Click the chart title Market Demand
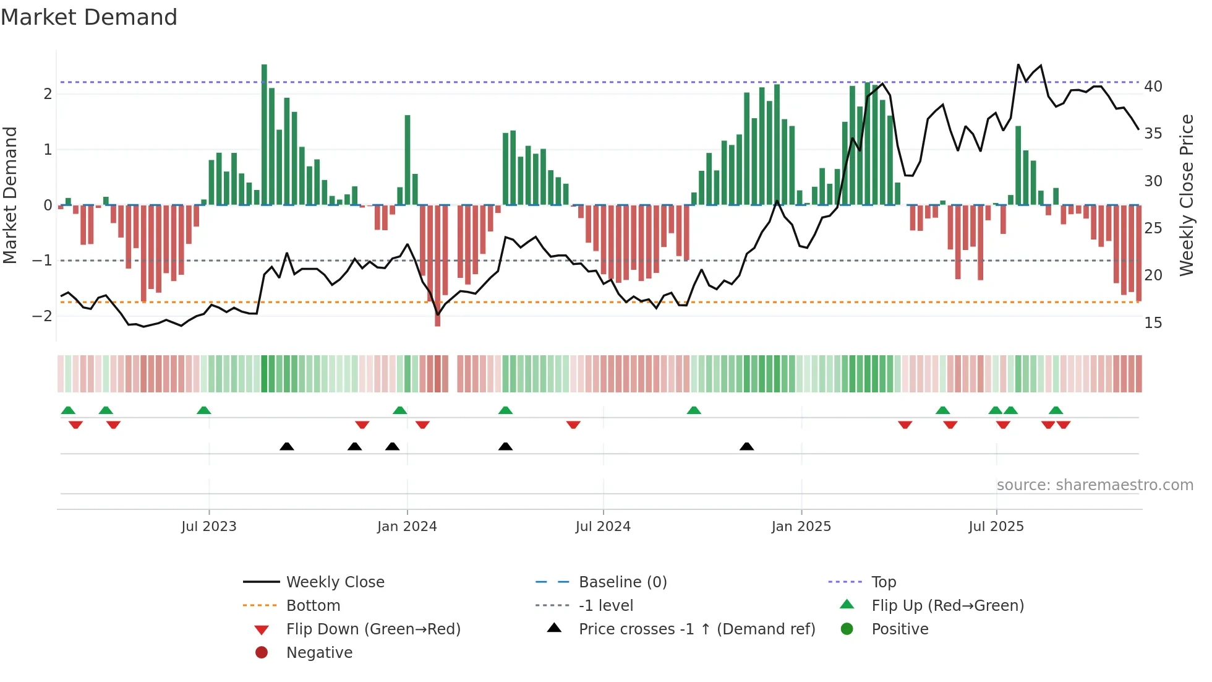click(x=89, y=17)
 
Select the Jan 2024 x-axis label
click(x=407, y=527)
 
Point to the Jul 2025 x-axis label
click(x=996, y=527)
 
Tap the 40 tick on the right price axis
click(x=1153, y=87)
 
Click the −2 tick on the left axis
click(x=42, y=316)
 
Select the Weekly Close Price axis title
click(x=1186, y=195)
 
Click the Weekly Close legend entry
click(x=335, y=582)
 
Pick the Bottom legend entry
click(x=313, y=606)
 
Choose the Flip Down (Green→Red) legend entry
click(x=373, y=629)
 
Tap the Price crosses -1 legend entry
click(x=696, y=629)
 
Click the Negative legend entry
click(x=319, y=653)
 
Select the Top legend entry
click(x=884, y=582)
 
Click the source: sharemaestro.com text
click(x=1095, y=485)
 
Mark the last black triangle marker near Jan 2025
click(x=746, y=447)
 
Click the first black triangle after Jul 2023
click(x=287, y=447)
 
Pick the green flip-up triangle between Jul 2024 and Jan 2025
click(x=694, y=410)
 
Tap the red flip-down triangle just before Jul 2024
click(x=573, y=425)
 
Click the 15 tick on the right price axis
click(x=1153, y=323)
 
